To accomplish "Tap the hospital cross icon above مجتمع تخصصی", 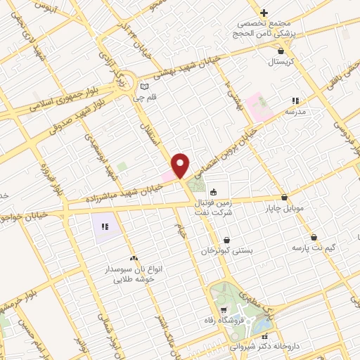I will pyautogui.click(x=264, y=13).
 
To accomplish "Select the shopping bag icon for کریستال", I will pyautogui.click(x=281, y=51).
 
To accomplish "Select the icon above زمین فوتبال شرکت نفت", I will pyautogui.click(x=212, y=191).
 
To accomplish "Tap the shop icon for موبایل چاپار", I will pyautogui.click(x=284, y=198).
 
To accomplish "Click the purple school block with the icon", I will pyautogui.click(x=105, y=226).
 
